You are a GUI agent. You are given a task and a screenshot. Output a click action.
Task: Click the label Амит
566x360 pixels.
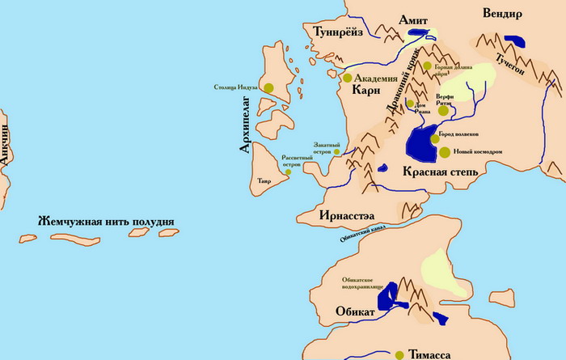(x=414, y=19)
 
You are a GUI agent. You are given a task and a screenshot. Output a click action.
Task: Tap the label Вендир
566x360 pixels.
(x=509, y=14)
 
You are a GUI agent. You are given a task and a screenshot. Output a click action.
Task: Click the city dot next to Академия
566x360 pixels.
(x=348, y=78)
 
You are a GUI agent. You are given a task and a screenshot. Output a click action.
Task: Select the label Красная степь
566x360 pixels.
(x=441, y=172)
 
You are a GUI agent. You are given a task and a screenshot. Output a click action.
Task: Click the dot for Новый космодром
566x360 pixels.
(x=445, y=151)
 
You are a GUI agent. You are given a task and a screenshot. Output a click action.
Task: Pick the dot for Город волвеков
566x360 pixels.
(x=435, y=138)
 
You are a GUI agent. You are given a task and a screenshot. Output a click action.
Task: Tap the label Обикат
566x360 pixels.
(x=355, y=312)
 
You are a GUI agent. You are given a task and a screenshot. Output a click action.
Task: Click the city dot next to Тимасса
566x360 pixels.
(x=399, y=354)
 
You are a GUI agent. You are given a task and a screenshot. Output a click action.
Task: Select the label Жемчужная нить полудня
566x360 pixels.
(x=105, y=222)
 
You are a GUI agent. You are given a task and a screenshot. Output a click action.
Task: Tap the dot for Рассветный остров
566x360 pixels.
(x=287, y=172)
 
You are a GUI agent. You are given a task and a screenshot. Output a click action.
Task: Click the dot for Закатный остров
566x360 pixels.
(x=336, y=150)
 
